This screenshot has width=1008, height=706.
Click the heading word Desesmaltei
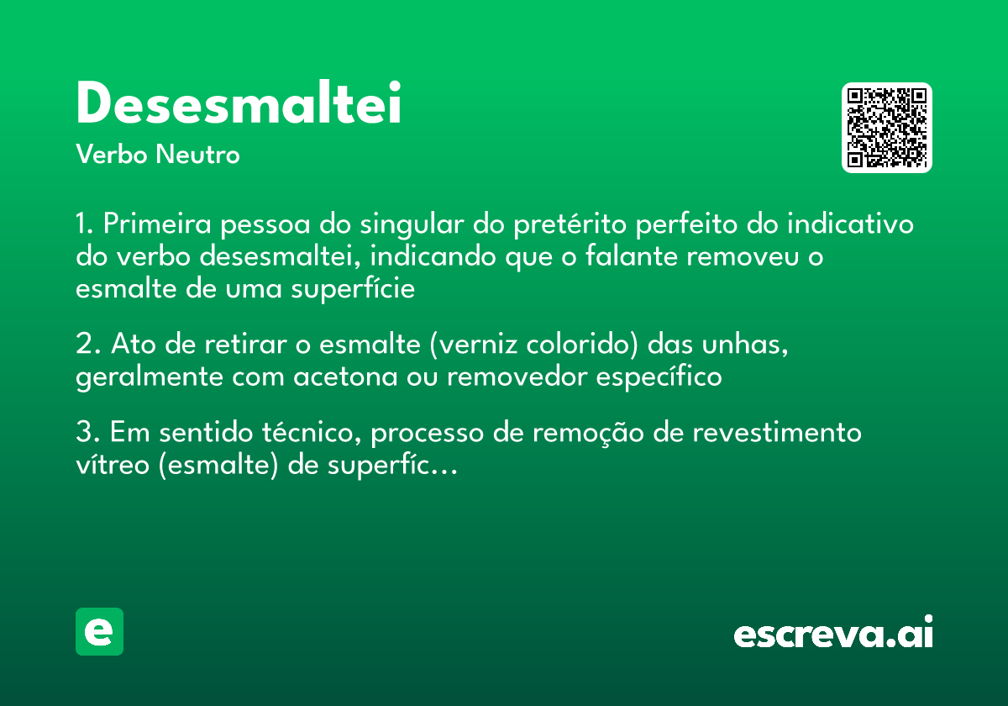point(239,104)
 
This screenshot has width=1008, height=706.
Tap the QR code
point(887,128)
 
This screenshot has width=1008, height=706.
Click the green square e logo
point(100,631)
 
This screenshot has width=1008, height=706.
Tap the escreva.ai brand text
point(833,633)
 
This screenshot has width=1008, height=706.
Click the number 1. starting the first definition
point(86,225)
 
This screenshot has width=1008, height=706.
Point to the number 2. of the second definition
point(88,344)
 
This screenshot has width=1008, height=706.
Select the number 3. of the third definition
point(88,433)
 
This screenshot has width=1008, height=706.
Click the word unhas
point(746,344)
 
